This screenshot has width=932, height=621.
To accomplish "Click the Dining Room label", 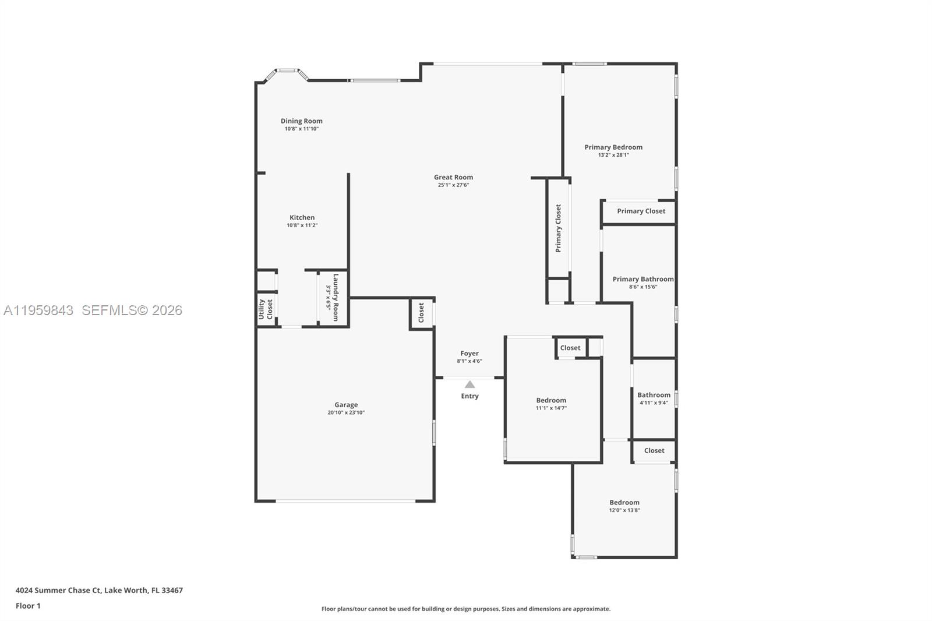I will coord(301,121).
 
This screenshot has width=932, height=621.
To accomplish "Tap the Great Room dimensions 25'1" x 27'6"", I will coord(453,185).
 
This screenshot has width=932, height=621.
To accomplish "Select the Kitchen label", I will coord(302,217).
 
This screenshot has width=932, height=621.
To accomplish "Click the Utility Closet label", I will coord(266,309).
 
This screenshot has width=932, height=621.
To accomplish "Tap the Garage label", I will coord(346,405).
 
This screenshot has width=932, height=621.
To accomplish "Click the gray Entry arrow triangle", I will coord(469,384).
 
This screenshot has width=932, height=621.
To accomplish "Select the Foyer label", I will coord(469,353).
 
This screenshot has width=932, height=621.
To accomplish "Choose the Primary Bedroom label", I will coord(613,147).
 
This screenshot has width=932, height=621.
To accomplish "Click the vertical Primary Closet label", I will coord(558,228).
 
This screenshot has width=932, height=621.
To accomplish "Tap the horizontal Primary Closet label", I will coord(641,211).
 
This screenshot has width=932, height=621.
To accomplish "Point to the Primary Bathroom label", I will coord(642,279).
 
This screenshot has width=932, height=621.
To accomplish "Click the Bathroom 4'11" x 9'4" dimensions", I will coord(654,403).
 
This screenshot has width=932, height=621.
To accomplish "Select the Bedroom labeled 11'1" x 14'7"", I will coord(551,400).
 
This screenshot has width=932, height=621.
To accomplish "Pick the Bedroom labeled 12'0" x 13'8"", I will coord(624,502).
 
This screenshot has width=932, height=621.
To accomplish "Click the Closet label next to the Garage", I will coord(421,313).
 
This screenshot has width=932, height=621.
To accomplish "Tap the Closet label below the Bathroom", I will coord(654,450).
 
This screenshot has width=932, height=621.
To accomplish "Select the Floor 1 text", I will coord(28,606).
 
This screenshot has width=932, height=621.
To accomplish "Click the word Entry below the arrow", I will coord(469,396).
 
